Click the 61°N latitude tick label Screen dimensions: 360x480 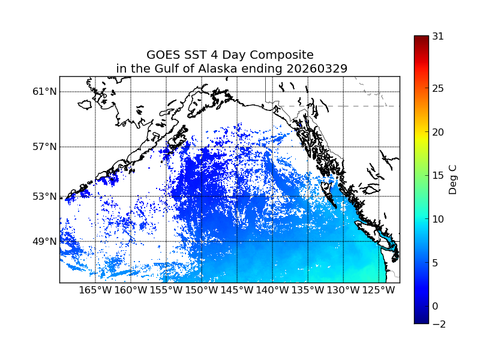[x=44, y=92]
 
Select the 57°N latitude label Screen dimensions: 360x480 [x=44, y=147]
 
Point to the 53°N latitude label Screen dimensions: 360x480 [x=44, y=196]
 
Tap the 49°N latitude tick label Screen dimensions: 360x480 [x=44, y=241]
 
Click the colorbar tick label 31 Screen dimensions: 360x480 [x=438, y=36]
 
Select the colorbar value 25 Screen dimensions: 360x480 [x=438, y=89]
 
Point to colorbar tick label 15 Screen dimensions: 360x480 [x=438, y=176]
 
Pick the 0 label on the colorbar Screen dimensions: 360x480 [x=435, y=306]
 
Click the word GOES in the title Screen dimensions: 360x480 [x=163, y=55]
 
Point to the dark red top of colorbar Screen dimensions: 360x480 [x=421, y=39]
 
